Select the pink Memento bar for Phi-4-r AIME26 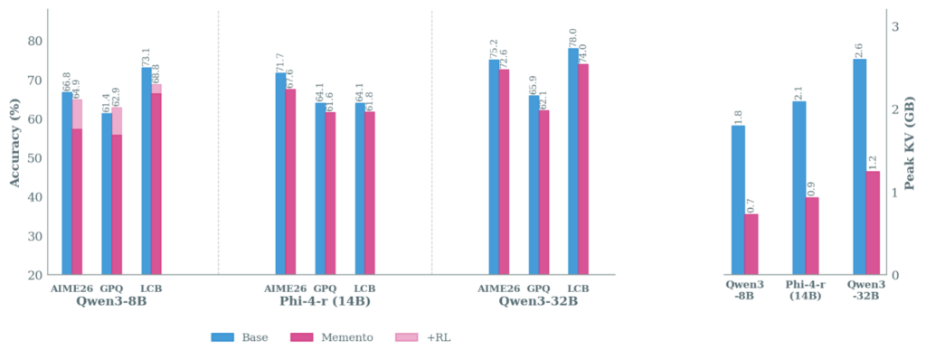pyautogui.click(x=290, y=181)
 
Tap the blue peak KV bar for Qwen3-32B pyautogui.click(x=859, y=166)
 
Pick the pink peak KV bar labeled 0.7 pyautogui.click(x=751, y=244)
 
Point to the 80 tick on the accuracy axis pyautogui.click(x=35, y=41)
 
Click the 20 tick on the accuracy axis pyautogui.click(x=35, y=275)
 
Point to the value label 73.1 pyautogui.click(x=146, y=56)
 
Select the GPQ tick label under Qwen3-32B pyautogui.click(x=539, y=289)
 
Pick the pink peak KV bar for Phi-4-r pyautogui.click(x=812, y=236)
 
